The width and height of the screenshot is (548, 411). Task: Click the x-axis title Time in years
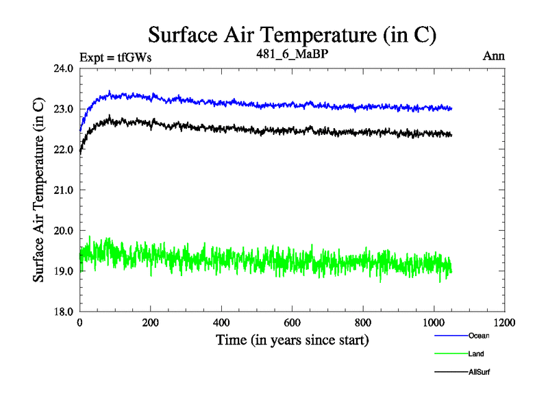coord(292,340)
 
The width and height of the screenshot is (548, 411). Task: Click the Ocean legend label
coord(479,336)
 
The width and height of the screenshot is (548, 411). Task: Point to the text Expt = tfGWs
coord(116,57)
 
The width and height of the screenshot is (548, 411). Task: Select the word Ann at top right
coord(494,56)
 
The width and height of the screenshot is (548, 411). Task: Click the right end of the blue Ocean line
coord(451,108)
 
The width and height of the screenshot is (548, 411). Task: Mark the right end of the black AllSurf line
coord(451,135)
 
